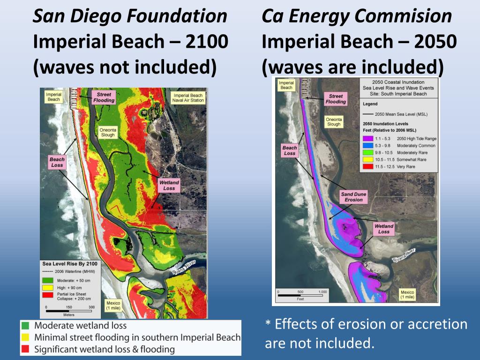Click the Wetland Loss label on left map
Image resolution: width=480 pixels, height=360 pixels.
click(x=169, y=185)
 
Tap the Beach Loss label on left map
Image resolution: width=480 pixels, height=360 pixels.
click(x=57, y=162)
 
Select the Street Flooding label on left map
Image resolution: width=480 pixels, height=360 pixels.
click(x=104, y=97)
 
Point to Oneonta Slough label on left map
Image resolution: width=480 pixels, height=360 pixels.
click(x=108, y=132)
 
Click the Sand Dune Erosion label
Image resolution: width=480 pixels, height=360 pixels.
click(x=353, y=197)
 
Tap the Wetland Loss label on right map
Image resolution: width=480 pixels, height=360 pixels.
click(x=384, y=229)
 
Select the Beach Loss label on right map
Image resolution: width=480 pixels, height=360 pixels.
click(x=290, y=150)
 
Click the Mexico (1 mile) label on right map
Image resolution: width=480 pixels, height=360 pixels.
click(x=407, y=294)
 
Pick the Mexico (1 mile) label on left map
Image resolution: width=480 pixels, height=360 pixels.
click(x=113, y=305)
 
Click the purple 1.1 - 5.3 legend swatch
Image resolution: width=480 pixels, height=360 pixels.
click(x=367, y=139)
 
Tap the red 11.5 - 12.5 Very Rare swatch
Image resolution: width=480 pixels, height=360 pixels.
click(x=367, y=166)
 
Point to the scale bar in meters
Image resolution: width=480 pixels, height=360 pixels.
click(x=69, y=311)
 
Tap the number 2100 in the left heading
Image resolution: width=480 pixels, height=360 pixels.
click(x=207, y=42)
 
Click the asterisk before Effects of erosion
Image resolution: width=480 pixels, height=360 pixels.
click(x=268, y=325)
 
